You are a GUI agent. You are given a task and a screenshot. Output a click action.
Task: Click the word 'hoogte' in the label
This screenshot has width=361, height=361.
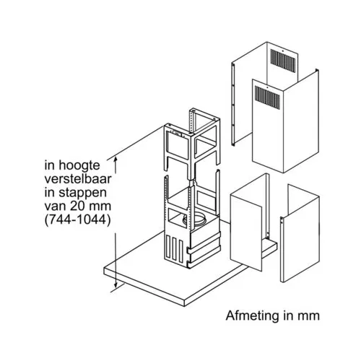coord(79,166)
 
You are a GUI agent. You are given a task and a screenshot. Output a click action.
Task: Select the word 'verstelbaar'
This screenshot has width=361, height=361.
coord(78,179)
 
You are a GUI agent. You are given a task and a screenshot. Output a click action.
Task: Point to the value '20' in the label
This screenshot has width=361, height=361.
coord(79,206)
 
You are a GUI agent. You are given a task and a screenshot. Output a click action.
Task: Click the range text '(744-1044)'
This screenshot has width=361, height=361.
coord(78,220)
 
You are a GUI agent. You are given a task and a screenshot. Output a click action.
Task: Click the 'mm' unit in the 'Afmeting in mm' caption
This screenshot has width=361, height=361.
coord(308,316)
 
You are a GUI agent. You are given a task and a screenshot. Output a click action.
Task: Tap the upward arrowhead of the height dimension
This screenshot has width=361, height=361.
coord(116,160)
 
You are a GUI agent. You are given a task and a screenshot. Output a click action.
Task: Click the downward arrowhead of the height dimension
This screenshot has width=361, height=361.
coord(116,284)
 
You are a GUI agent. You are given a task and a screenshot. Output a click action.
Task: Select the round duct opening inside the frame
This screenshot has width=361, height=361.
coord(194,219)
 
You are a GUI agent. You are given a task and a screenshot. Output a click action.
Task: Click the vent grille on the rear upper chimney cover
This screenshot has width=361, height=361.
coord(283,61)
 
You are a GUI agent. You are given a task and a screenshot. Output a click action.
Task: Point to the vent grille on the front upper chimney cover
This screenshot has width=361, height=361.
coord(267,97)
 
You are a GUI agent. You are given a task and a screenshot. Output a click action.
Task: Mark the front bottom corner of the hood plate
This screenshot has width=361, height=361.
coord(184,306)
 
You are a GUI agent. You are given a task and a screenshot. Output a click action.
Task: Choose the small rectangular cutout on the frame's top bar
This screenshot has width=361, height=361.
coord(176,133)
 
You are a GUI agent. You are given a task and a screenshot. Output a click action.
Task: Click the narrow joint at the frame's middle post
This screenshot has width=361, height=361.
coord(192,183)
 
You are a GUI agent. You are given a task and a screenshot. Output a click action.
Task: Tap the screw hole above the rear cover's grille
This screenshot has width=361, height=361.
coord(283,51)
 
